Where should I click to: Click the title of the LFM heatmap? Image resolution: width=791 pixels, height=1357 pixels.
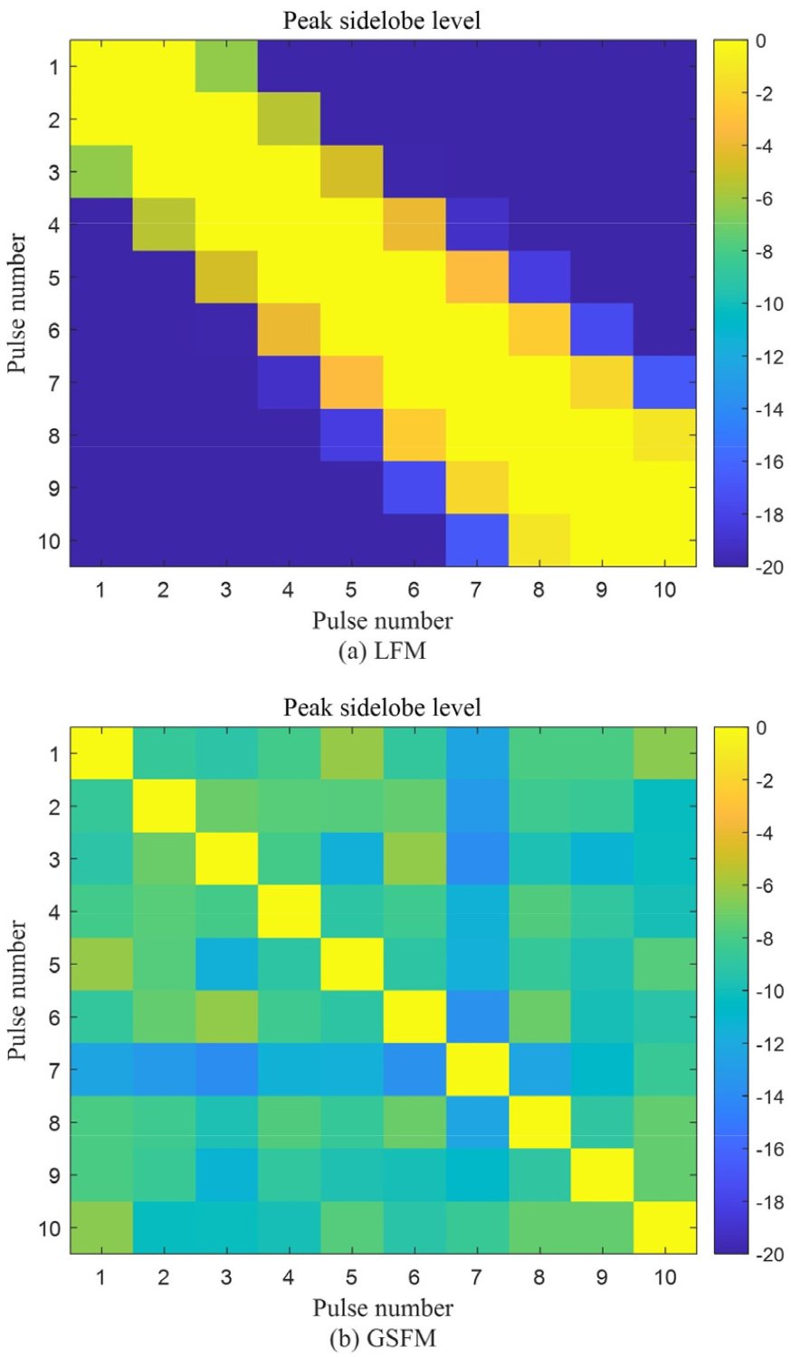382,20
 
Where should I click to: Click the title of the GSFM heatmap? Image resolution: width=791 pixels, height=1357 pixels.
382,707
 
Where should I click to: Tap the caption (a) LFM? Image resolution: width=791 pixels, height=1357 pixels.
382,651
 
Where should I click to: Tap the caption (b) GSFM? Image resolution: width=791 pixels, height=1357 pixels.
382,1338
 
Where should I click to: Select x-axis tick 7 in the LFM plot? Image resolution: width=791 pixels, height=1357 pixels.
476,589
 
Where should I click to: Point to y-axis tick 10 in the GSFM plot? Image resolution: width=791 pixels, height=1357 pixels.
50,1228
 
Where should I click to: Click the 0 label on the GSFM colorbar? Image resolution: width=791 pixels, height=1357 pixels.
761,728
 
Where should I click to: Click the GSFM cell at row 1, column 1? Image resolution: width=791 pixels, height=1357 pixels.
101,753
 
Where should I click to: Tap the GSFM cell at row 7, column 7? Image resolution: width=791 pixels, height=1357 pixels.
476,1069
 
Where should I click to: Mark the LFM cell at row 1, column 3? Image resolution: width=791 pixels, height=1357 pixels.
226,66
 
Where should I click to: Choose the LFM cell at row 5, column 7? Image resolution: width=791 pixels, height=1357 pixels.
476,277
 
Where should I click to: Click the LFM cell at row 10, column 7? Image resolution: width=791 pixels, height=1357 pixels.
476,540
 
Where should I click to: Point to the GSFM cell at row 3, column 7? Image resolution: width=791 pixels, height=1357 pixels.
476,858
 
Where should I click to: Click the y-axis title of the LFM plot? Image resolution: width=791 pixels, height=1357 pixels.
17,303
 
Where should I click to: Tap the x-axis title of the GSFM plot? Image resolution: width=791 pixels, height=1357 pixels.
382,1307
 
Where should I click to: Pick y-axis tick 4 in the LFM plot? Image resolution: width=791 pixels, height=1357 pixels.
54,225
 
